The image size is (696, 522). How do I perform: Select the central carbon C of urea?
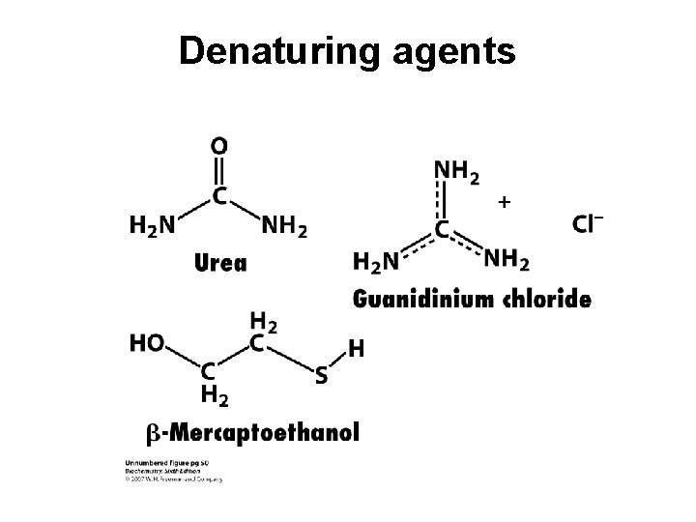click(x=219, y=195)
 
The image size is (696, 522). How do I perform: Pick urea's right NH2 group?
click(x=284, y=227)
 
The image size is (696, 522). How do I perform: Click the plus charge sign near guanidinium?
click(x=503, y=202)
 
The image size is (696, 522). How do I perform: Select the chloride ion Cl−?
click(x=588, y=225)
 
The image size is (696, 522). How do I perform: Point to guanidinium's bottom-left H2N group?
click(x=377, y=261)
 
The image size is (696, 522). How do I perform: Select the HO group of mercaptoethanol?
click(x=147, y=343)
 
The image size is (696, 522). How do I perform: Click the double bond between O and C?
click(x=219, y=170)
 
